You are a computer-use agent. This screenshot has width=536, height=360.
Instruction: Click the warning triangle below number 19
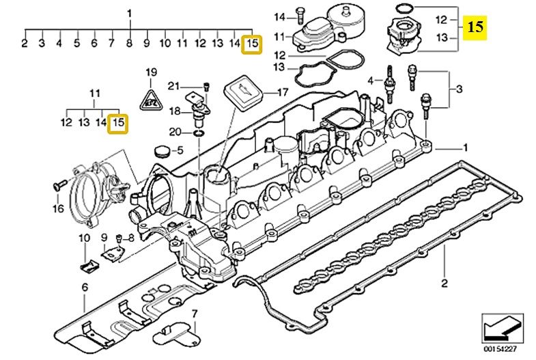pyautogui.click(x=150, y=100)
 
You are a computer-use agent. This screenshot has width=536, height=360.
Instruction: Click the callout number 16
pyautogui.click(x=58, y=208)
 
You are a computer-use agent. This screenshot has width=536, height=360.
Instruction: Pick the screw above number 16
pyautogui.click(x=58, y=184)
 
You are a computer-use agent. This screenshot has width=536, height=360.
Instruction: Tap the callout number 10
pyautogui.click(x=83, y=238)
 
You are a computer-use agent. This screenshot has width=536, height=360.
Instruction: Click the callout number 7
pyautogui.click(x=193, y=313)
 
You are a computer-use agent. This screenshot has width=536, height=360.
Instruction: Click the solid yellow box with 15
pyautogui.click(x=476, y=27)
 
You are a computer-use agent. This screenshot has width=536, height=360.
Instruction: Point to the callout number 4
pyautogui.click(x=371, y=81)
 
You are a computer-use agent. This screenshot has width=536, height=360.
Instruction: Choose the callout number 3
pyautogui.click(x=459, y=89)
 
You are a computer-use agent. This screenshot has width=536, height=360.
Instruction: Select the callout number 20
pyautogui.click(x=175, y=131)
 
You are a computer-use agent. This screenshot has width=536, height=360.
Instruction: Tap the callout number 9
pyautogui.click(x=104, y=238)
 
